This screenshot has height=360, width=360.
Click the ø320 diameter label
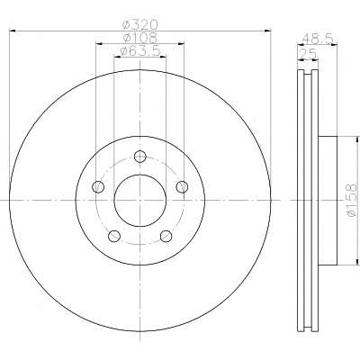click(140, 24)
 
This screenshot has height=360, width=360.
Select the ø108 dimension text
click(140, 38)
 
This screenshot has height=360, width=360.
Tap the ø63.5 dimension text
click(140, 51)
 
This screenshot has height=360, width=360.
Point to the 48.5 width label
click(318, 39)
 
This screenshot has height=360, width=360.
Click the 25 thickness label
click(308, 54)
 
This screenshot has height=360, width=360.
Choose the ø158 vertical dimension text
click(352, 200)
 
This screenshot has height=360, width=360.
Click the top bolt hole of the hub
click(140, 157)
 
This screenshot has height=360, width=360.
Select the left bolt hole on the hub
click(98, 187)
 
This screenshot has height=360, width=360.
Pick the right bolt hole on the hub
click(182, 187)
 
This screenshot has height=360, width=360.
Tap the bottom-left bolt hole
click(114, 236)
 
